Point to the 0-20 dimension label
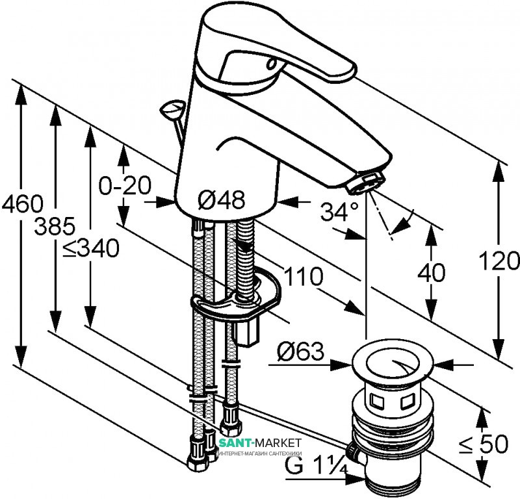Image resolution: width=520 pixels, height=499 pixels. [x=124, y=186]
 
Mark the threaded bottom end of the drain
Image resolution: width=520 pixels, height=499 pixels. [x=390, y=480]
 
